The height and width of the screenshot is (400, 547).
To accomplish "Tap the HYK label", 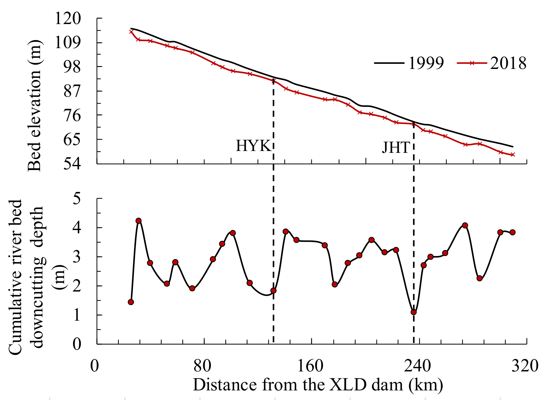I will point(253,146).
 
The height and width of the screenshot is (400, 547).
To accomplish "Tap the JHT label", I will point(396,147).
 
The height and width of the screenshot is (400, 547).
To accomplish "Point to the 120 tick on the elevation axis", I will point(67,19).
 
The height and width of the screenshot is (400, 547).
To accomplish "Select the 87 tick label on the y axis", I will point(72,91).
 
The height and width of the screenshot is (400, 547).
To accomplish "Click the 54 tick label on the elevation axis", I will point(72,164).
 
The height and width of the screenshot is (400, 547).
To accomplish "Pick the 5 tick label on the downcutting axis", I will point(77,199).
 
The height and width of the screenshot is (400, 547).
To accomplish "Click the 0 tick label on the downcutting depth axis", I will point(77,344).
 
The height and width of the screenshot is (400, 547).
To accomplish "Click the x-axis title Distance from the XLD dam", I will point(318,385).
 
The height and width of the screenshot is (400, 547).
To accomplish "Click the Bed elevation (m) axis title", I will point(35,106).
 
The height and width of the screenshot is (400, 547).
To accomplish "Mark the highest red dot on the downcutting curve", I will point(138,221).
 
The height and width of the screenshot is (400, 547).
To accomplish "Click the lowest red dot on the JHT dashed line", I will point(414,312).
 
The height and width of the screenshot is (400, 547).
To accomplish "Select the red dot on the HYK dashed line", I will point(273,291).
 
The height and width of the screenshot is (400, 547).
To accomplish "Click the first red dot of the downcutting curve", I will point(131,302).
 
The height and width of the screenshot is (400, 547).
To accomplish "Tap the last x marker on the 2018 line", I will point(513,155).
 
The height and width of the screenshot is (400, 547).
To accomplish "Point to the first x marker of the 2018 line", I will point(131,32).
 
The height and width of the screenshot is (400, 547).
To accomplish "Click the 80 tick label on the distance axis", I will point(202,366).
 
